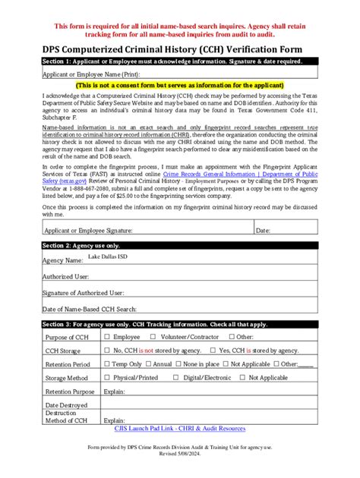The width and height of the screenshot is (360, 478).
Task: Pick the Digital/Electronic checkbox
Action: pos(175,378)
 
